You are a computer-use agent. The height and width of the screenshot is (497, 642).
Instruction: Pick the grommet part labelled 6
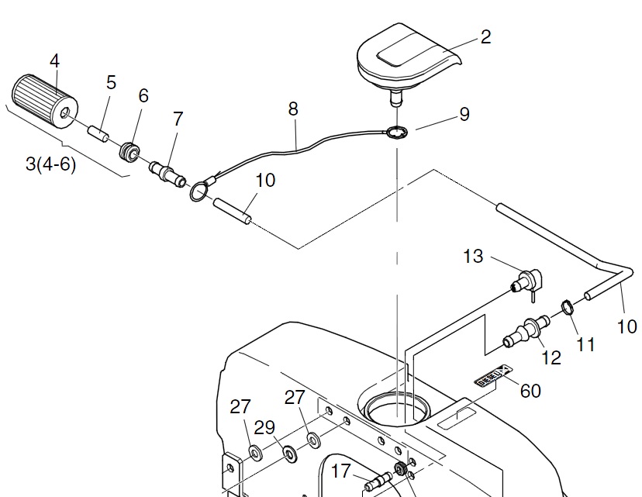129,148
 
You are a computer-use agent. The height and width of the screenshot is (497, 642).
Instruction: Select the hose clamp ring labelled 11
567,308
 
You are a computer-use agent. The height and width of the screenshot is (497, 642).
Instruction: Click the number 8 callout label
292,109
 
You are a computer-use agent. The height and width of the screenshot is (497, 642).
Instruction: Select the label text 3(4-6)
51,164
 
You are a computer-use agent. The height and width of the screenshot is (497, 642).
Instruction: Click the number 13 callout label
473,256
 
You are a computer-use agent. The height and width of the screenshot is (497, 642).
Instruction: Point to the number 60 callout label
530,391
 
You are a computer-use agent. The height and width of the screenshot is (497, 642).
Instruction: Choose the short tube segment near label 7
230,210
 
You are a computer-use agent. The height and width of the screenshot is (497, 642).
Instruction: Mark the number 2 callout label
485,36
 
